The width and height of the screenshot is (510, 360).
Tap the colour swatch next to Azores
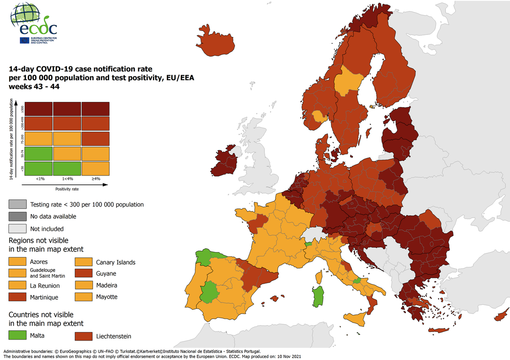(x=17, y=261)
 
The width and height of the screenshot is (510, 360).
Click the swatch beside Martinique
(x=17, y=297)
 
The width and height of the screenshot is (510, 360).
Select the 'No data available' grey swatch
(x=17, y=215)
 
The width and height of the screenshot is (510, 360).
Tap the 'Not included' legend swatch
(x=17, y=228)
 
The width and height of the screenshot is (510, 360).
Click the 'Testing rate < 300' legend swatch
(x=17, y=202)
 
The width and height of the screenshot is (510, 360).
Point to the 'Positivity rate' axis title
(x=66, y=186)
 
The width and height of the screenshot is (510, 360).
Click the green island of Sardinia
(x=319, y=297)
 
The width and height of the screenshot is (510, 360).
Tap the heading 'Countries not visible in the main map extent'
(x=55, y=317)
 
